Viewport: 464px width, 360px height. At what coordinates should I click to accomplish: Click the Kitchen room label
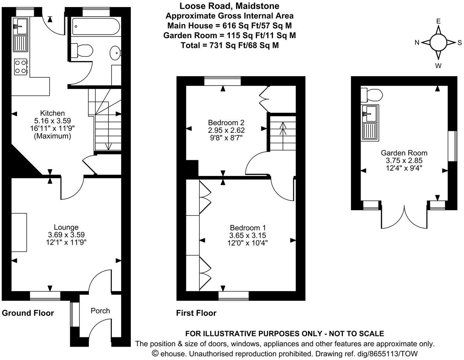pyautogui.click(x=52, y=113)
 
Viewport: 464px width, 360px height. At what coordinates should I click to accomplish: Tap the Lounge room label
pyautogui.click(x=66, y=227)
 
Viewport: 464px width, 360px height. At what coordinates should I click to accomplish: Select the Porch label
pyautogui.click(x=100, y=311)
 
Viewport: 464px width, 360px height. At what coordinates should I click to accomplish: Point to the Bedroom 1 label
pyautogui.click(x=248, y=228)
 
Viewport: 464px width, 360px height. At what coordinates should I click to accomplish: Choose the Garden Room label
pyautogui.click(x=404, y=153)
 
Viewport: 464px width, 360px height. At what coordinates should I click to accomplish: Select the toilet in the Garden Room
pyautogui.click(x=372, y=95)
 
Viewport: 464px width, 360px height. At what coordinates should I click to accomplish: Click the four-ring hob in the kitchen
pyautogui.click(x=21, y=67)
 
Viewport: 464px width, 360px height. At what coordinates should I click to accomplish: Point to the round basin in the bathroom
pyautogui.click(x=115, y=53)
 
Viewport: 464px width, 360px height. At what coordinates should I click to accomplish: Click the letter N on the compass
pyautogui.click(x=418, y=43)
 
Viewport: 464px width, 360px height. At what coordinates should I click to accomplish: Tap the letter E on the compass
pyautogui.click(x=438, y=21)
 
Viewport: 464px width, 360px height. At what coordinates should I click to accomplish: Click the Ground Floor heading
pyautogui.click(x=28, y=313)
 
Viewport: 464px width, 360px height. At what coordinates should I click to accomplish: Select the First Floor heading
pyautogui.click(x=196, y=313)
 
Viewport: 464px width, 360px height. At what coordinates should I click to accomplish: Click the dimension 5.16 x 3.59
pyautogui.click(x=52, y=120)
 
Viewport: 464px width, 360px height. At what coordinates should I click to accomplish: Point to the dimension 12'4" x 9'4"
pyautogui.click(x=404, y=168)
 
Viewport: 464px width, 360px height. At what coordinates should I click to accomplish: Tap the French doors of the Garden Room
pyautogui.click(x=404, y=218)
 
